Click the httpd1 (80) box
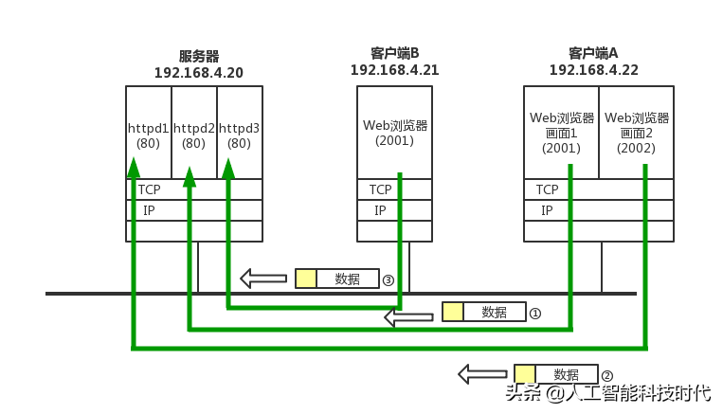pos(148,133)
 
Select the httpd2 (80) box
pos(193,133)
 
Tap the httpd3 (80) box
pos(239,133)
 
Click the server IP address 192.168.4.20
pos(199,73)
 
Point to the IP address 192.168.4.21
pos(394,70)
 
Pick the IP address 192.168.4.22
pos(593,70)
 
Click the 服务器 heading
pos(199,57)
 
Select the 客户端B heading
pos(395,53)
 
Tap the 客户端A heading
pos(593,53)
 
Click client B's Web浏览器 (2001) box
pos(395,132)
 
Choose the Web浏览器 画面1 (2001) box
pos(561,132)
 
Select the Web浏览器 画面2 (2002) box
pos(637,132)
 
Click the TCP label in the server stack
pos(149,189)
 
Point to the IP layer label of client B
pos(380,210)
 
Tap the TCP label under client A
pos(547,189)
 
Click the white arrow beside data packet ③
pos(263,279)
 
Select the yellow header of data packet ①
pos(453,313)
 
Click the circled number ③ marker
pos(389,280)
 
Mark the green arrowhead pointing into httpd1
pos(134,168)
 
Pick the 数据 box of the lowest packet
pos(566,374)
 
